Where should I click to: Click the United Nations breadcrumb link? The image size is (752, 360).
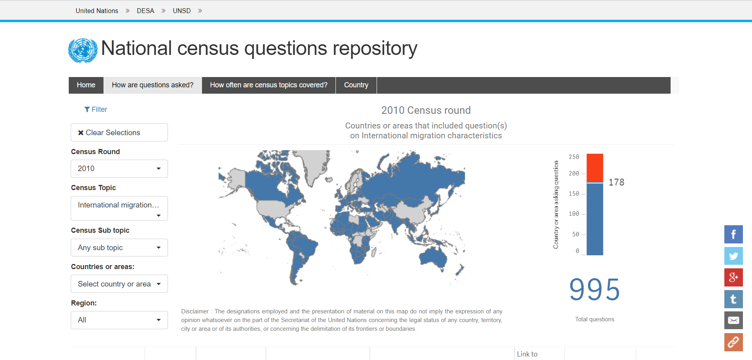point(97,11)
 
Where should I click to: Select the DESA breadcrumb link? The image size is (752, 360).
point(145,11)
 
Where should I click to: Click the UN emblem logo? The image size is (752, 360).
point(83,51)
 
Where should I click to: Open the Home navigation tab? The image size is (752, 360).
point(86,85)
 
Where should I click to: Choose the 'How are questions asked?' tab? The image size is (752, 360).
point(153,85)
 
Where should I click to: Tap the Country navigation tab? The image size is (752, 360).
point(356,85)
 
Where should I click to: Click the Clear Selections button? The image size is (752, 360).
point(119,132)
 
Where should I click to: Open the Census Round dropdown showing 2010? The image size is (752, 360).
point(119,169)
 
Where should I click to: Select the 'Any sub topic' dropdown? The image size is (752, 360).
point(119,248)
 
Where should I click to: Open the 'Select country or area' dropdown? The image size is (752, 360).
point(119,284)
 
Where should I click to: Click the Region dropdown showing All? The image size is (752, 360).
point(119,320)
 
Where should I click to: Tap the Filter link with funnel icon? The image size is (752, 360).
point(96,109)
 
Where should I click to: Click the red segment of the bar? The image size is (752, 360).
point(595,168)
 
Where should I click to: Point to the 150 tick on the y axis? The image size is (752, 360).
point(574,194)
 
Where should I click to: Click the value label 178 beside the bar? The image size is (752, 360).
point(616,182)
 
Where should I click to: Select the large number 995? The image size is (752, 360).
point(595,290)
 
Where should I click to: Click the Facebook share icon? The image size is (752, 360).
point(733,234)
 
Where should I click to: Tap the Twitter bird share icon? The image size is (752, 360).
point(733,256)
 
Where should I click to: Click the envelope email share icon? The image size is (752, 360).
point(733,320)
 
